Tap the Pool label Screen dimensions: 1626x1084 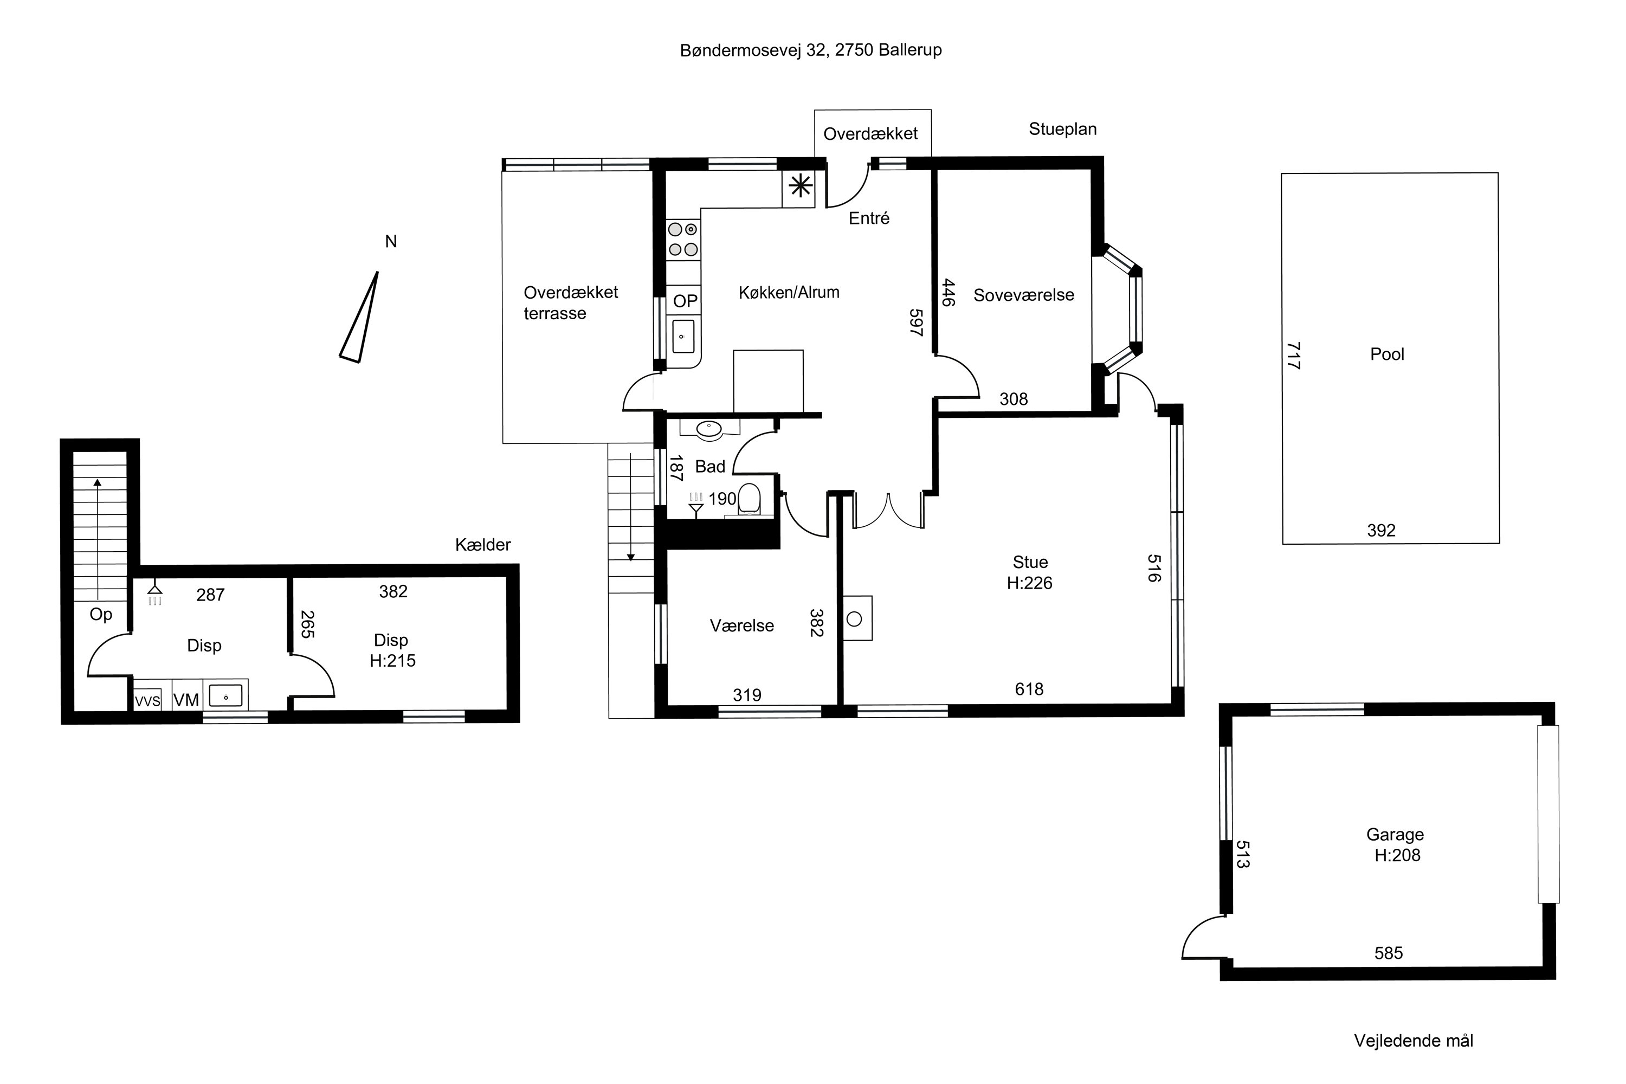1387,354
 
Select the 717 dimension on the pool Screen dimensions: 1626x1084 1294,356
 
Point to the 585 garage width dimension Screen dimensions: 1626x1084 1388,953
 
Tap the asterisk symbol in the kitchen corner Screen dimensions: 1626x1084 800,185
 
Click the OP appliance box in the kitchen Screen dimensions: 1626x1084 685,301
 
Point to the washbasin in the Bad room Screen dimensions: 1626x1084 708,429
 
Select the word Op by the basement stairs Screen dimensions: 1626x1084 101,614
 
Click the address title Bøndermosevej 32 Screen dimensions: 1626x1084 753,50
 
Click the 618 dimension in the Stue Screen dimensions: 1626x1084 1029,688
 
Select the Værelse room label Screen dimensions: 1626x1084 742,625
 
